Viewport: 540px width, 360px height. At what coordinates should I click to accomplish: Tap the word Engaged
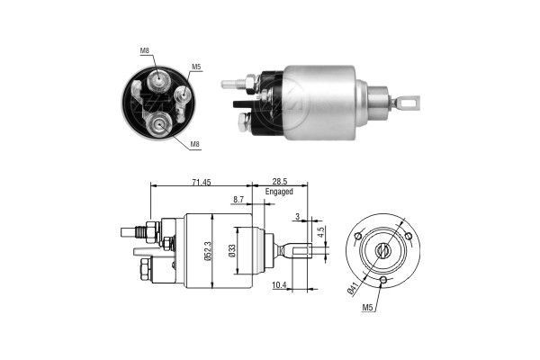click(280, 192)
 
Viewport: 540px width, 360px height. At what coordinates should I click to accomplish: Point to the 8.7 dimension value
click(238, 199)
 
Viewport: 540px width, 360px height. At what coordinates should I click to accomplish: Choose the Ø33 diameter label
click(233, 252)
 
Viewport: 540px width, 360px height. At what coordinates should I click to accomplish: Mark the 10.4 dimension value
click(280, 285)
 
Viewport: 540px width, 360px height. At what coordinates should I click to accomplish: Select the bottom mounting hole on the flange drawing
click(383, 281)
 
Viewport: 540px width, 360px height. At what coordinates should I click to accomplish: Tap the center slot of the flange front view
click(382, 251)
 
